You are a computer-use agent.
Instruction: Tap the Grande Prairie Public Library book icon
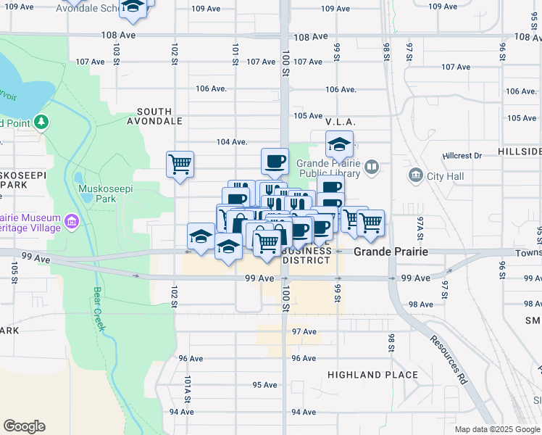point(372,167)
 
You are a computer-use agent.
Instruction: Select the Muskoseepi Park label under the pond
point(96,198)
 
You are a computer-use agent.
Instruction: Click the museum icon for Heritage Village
point(71,220)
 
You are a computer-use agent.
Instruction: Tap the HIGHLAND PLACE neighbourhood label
point(372,375)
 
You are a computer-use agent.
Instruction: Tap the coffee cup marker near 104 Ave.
point(274,161)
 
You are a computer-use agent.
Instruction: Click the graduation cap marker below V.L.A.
point(338,144)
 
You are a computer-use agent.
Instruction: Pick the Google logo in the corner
point(24,426)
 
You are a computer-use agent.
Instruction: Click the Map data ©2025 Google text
point(497,429)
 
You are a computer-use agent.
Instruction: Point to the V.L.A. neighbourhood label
point(338,122)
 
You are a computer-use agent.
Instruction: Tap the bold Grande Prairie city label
point(390,252)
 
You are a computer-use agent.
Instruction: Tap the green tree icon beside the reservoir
point(42,123)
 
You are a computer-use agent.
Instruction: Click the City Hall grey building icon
point(416,175)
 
